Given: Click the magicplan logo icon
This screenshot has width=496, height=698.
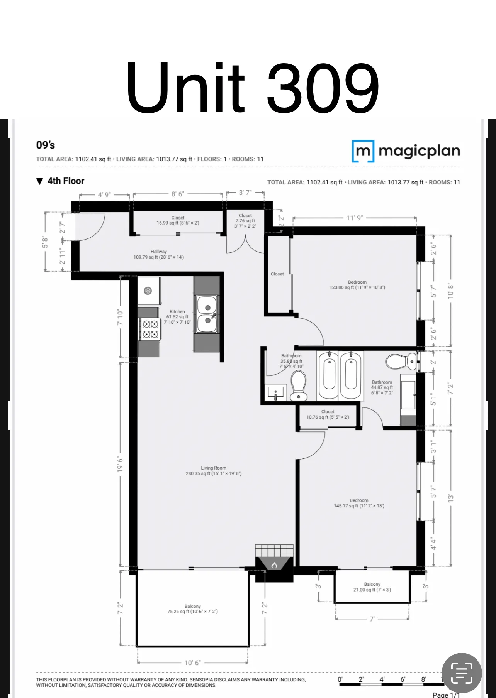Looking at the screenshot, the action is [363, 151].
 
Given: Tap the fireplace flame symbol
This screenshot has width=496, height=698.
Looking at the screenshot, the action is [274, 565].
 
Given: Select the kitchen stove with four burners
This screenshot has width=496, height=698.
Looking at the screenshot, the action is [150, 329].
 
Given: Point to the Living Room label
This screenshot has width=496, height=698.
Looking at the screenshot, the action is [214, 468].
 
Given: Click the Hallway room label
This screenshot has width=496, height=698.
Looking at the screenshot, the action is [159, 252].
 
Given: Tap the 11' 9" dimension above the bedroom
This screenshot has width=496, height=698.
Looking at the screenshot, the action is [355, 218].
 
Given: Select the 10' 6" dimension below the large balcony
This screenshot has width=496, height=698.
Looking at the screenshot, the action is [192, 663].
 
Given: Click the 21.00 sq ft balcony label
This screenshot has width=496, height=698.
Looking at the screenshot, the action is [372, 587].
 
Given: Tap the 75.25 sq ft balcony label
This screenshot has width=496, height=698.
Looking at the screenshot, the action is [192, 609].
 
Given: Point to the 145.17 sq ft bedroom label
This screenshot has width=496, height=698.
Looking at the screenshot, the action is [359, 503].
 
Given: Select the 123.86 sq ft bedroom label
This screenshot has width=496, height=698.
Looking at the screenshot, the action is [357, 285].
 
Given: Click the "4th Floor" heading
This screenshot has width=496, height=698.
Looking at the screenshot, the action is [66, 181].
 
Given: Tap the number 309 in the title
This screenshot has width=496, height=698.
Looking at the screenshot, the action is [323, 88].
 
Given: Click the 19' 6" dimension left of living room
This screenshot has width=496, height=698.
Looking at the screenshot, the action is [121, 465].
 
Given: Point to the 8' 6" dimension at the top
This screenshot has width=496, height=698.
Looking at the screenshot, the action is [178, 194].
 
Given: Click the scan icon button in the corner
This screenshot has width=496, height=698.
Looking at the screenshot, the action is [462, 673].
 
